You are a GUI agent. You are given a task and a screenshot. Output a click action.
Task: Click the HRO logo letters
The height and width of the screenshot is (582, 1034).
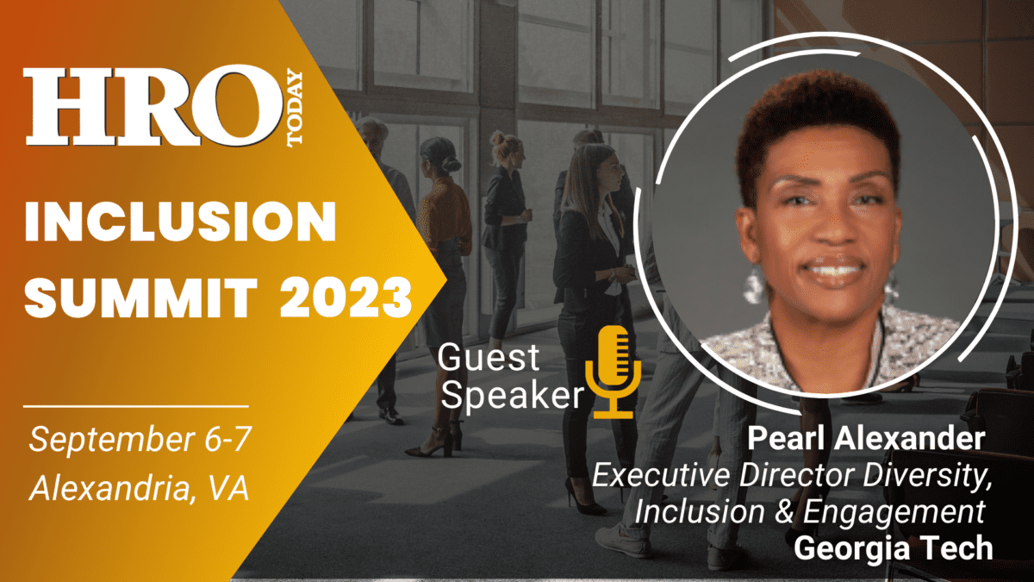click(x=153, y=106)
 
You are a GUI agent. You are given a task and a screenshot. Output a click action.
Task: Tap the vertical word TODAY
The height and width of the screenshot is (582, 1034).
click(x=295, y=108)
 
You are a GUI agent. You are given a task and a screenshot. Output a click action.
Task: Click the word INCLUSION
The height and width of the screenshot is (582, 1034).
click(x=180, y=222)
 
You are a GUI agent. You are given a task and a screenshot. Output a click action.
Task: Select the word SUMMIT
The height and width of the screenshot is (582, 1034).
click(x=140, y=297)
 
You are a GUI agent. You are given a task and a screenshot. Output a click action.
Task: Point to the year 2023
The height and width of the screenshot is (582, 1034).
click(x=346, y=297)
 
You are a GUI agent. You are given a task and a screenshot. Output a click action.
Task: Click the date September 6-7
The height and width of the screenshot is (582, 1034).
click(x=140, y=439)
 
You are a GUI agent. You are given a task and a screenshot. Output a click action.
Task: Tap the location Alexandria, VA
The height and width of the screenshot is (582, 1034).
click(x=140, y=488)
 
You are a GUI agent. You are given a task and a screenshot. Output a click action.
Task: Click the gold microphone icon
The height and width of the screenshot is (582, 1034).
click(x=613, y=372)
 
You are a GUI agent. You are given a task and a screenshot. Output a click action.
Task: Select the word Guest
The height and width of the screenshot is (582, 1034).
click(x=489, y=357)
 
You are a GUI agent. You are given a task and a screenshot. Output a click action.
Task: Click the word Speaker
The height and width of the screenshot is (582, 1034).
click(x=513, y=396)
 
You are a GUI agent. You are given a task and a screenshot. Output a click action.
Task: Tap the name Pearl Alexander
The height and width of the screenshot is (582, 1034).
click(x=866, y=438)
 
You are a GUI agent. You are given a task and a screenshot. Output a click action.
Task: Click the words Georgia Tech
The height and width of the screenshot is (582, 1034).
click(x=894, y=548)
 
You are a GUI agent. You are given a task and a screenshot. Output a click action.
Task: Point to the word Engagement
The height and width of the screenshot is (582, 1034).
click(x=894, y=513)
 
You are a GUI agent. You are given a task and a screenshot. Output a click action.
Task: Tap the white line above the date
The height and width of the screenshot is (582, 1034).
click(x=136, y=406)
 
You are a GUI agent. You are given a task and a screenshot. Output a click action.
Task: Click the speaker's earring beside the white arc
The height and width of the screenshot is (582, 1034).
click(x=754, y=285)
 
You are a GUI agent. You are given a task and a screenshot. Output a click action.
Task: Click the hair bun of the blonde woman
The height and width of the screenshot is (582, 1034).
click(x=498, y=137)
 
